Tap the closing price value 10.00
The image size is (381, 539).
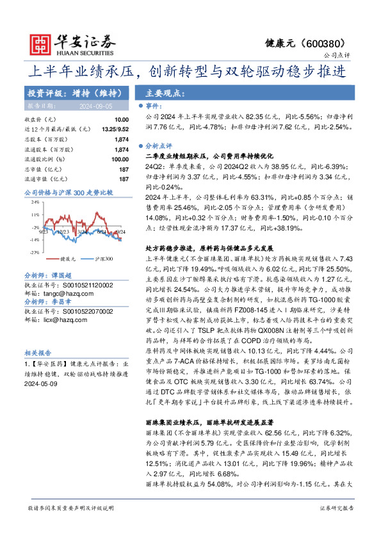click(x=121, y=120)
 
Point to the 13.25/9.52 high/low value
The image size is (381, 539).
click(x=115, y=129)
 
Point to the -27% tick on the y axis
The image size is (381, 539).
click(x=35, y=253)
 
